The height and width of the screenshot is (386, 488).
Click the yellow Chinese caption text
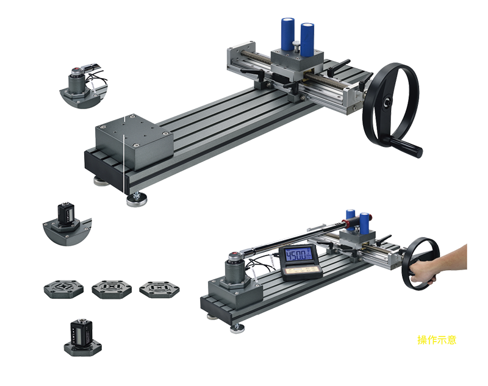click(437, 340)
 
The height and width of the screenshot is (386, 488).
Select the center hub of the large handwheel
click(387, 102)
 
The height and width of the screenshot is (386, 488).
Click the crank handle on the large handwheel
click(406, 147)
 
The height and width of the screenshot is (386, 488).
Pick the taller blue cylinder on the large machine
click(288, 34)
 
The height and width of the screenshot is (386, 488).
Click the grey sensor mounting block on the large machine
click(134, 142)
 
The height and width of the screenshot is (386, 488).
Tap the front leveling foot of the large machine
click(136, 200)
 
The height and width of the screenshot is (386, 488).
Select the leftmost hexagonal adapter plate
click(63, 288)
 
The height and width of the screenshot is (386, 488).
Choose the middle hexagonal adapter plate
click(112, 289)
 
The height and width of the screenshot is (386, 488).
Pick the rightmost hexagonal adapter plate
click(159, 289)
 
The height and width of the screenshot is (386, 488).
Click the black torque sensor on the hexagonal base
click(82, 332)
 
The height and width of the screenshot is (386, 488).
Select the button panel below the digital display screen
click(301, 271)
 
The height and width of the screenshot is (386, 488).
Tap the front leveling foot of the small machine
click(237, 328)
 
